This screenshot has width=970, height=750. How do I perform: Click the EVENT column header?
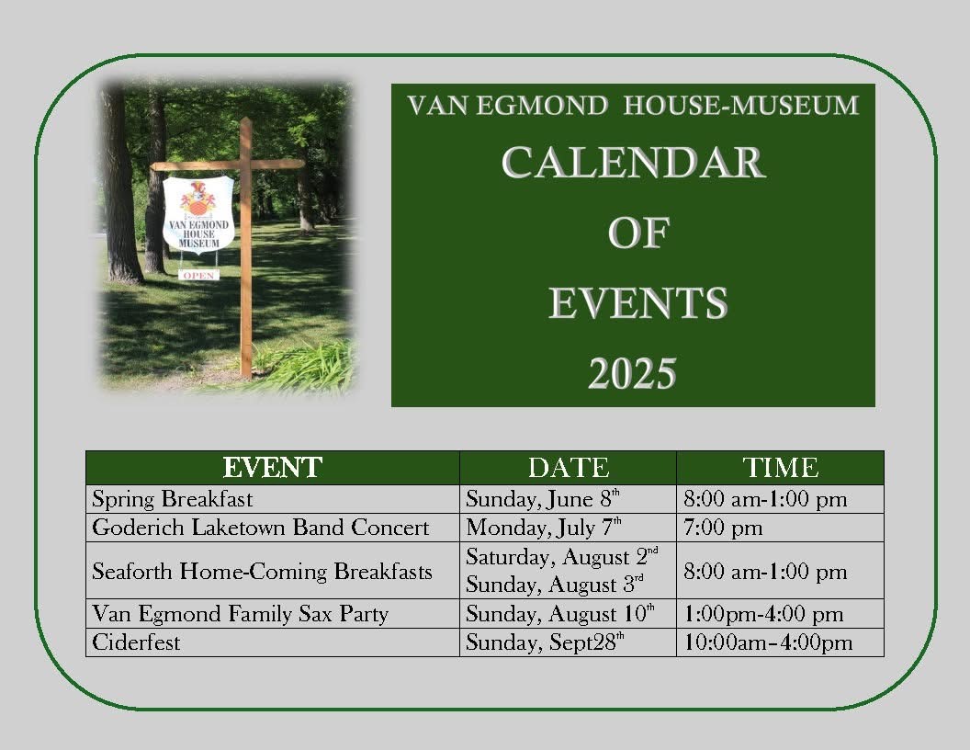(x=272, y=468)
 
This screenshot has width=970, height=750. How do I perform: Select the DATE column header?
(x=569, y=468)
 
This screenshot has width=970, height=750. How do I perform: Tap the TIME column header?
(x=781, y=468)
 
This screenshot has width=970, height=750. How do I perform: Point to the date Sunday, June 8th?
(x=543, y=499)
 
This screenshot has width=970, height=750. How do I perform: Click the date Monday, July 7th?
(x=543, y=528)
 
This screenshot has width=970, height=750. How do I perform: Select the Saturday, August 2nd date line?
(x=562, y=556)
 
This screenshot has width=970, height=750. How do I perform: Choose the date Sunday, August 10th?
(x=559, y=614)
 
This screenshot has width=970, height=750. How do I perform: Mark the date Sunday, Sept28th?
(x=545, y=642)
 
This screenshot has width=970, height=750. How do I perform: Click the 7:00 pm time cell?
(x=723, y=528)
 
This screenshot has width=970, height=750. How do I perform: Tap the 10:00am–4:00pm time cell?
(x=768, y=643)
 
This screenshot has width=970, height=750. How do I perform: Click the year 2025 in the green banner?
(x=632, y=374)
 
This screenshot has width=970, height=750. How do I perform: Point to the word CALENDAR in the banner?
(x=634, y=163)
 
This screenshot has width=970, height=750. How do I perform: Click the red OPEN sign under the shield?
(x=199, y=276)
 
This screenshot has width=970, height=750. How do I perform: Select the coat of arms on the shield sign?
(x=198, y=198)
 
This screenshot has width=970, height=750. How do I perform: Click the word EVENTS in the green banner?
(x=638, y=303)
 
